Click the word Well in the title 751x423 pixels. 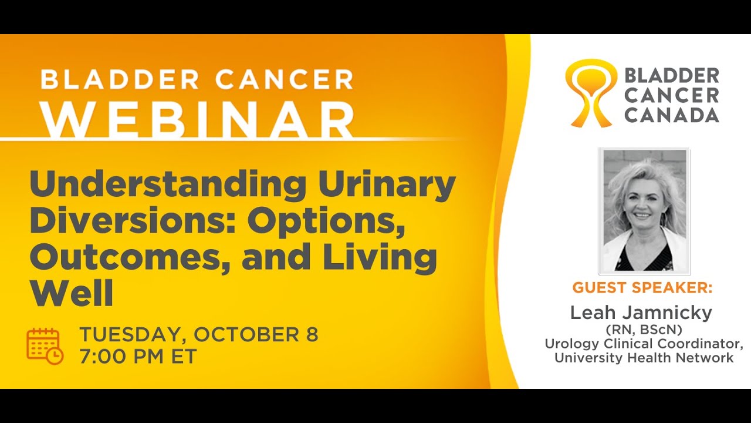click(x=71, y=294)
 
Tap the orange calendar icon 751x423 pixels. click(x=45, y=346)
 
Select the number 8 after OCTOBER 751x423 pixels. click(x=312, y=334)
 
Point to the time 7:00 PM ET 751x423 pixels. click(x=138, y=356)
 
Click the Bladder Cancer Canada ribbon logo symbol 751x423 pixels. click(x=591, y=93)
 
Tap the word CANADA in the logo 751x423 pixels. click(x=671, y=115)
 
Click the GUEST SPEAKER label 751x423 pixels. click(x=642, y=288)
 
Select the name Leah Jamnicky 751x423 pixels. click(x=641, y=313)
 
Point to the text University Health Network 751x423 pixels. click(x=644, y=357)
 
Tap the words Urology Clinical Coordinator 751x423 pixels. click(x=644, y=343)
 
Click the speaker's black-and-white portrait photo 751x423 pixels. click(x=644, y=210)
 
